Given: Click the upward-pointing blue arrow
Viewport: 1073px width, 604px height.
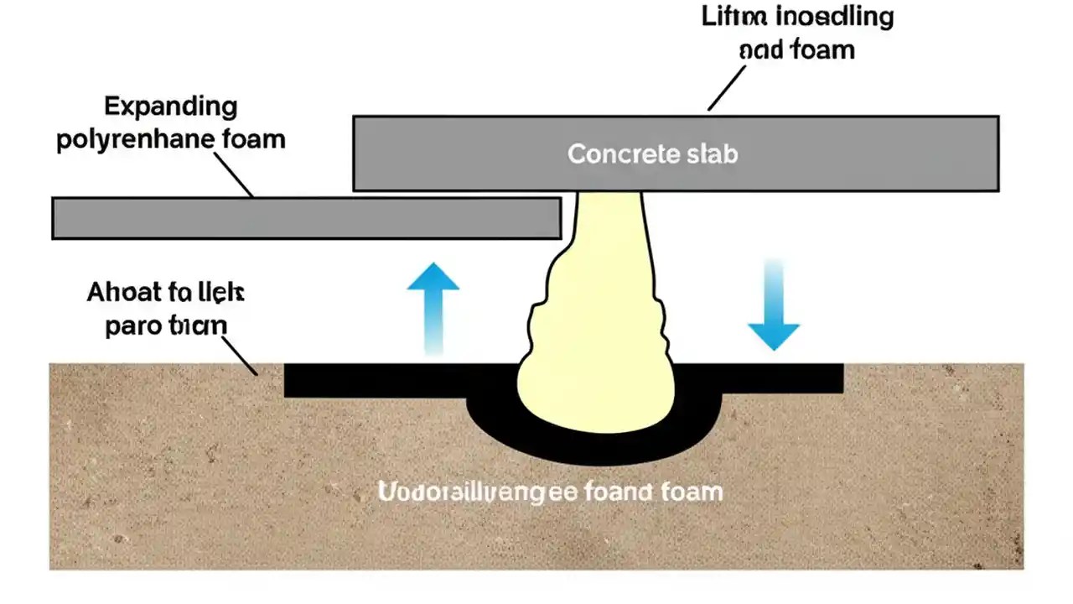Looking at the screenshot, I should click(433, 302).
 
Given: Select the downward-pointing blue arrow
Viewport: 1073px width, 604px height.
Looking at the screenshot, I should click(773, 310).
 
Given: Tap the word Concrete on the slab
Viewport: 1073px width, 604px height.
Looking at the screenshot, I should click(619, 154).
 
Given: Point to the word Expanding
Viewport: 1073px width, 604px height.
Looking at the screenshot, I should click(170, 107).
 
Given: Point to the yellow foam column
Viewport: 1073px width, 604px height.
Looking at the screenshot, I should click(597, 336).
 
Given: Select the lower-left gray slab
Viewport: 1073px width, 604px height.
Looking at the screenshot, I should click(306, 218).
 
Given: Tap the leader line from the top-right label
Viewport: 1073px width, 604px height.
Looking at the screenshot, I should click(727, 88).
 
